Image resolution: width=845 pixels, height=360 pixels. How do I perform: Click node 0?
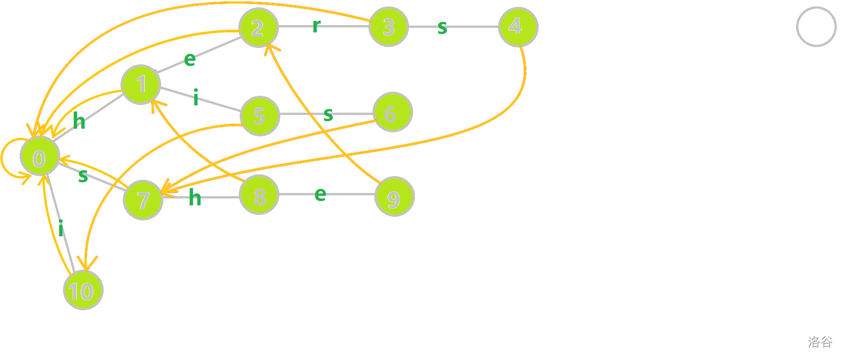click(40, 156)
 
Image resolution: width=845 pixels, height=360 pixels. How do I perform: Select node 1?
click(141, 84)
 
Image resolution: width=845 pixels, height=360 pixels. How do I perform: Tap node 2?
click(258, 27)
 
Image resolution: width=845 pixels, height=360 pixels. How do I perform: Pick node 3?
click(388, 26)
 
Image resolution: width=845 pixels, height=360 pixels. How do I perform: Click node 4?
click(518, 26)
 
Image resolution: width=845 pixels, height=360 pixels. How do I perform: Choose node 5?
click(260, 116)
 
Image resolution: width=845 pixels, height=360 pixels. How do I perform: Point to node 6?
click(393, 112)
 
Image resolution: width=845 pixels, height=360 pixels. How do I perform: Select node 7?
click(143, 200)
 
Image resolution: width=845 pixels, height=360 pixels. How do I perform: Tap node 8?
click(259, 195)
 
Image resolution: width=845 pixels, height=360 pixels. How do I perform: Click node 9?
click(394, 196)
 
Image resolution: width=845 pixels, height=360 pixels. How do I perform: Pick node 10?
click(83, 290)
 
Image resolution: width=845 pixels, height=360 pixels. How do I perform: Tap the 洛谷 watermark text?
click(820, 342)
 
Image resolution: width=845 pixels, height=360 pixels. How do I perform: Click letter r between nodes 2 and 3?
click(316, 26)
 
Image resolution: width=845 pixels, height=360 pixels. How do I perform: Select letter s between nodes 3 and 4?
click(442, 28)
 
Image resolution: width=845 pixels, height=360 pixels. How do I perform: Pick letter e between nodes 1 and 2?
click(190, 59)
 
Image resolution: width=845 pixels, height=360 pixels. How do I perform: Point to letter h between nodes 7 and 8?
click(195, 198)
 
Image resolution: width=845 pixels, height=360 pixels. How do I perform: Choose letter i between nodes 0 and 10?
click(61, 228)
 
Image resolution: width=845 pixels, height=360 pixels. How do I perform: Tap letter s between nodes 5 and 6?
click(328, 115)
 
